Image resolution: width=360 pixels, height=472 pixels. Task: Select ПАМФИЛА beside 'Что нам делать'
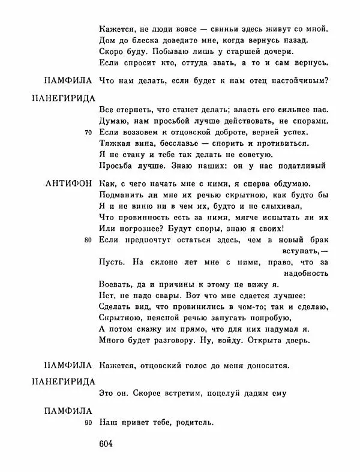point(68,80)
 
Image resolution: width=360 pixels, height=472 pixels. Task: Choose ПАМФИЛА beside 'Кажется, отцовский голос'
point(68,364)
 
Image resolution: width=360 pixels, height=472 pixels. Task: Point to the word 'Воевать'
point(113,284)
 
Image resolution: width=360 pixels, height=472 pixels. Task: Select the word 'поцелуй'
point(223,394)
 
